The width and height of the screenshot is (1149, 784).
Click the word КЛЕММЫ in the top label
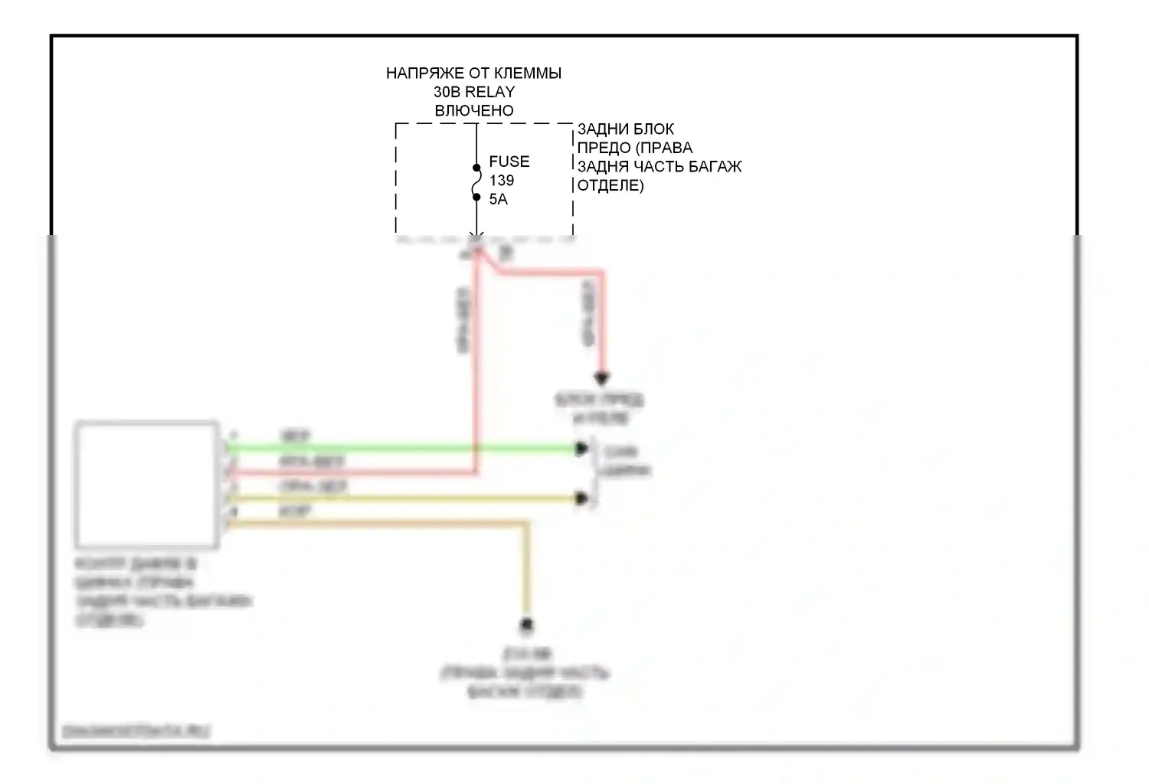pos(527,73)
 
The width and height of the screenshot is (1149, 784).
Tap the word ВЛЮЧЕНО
pos(474,110)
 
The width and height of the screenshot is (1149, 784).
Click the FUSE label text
pos(509,162)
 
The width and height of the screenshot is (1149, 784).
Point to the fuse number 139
pos(502,181)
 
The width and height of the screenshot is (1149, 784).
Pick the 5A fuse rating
pos(498,199)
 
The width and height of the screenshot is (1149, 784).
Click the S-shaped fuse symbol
pos(476,182)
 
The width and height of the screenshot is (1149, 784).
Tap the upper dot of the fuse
pos(476,168)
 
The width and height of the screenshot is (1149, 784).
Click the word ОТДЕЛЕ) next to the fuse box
pos(611,185)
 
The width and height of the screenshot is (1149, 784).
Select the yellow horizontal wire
pos(398,499)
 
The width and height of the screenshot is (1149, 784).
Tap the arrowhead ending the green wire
pos(582,449)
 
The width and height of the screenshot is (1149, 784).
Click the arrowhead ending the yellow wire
pos(582,499)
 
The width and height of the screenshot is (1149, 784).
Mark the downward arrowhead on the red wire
pos(602,378)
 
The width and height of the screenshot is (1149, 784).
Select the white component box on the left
pos(146,484)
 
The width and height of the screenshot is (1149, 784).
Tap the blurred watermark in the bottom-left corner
pos(136,731)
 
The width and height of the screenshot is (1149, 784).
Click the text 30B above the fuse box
pos(446,92)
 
